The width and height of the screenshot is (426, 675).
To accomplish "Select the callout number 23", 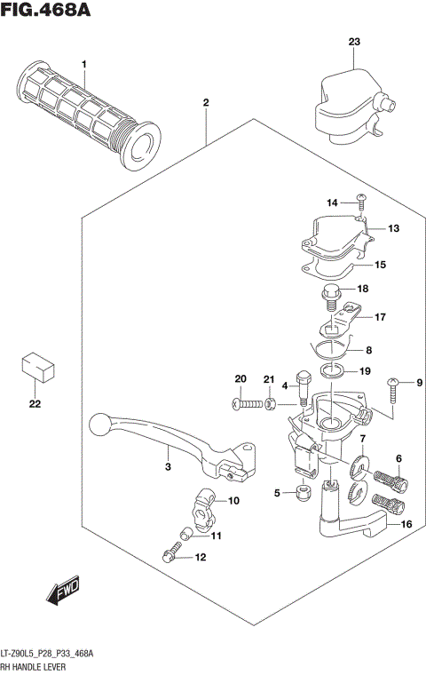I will pyautogui.click(x=354, y=43).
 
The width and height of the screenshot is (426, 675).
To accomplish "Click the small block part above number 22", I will pyautogui.click(x=35, y=366).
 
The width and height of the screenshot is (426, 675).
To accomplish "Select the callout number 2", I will pyautogui.click(x=205, y=103).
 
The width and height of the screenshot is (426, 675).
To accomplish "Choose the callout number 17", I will pyautogui.click(x=379, y=317).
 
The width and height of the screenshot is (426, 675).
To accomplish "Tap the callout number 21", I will pyautogui.click(x=269, y=380).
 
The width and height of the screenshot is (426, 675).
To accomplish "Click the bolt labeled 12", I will pyautogui.click(x=171, y=556).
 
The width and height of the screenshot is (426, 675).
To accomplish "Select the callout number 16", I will pyautogui.click(x=407, y=525).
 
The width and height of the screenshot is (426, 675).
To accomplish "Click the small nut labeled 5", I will pyautogui.click(x=304, y=491).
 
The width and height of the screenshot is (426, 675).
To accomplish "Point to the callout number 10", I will pyautogui.click(x=234, y=501).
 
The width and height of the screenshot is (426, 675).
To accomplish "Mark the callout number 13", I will pyautogui.click(x=393, y=228).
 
